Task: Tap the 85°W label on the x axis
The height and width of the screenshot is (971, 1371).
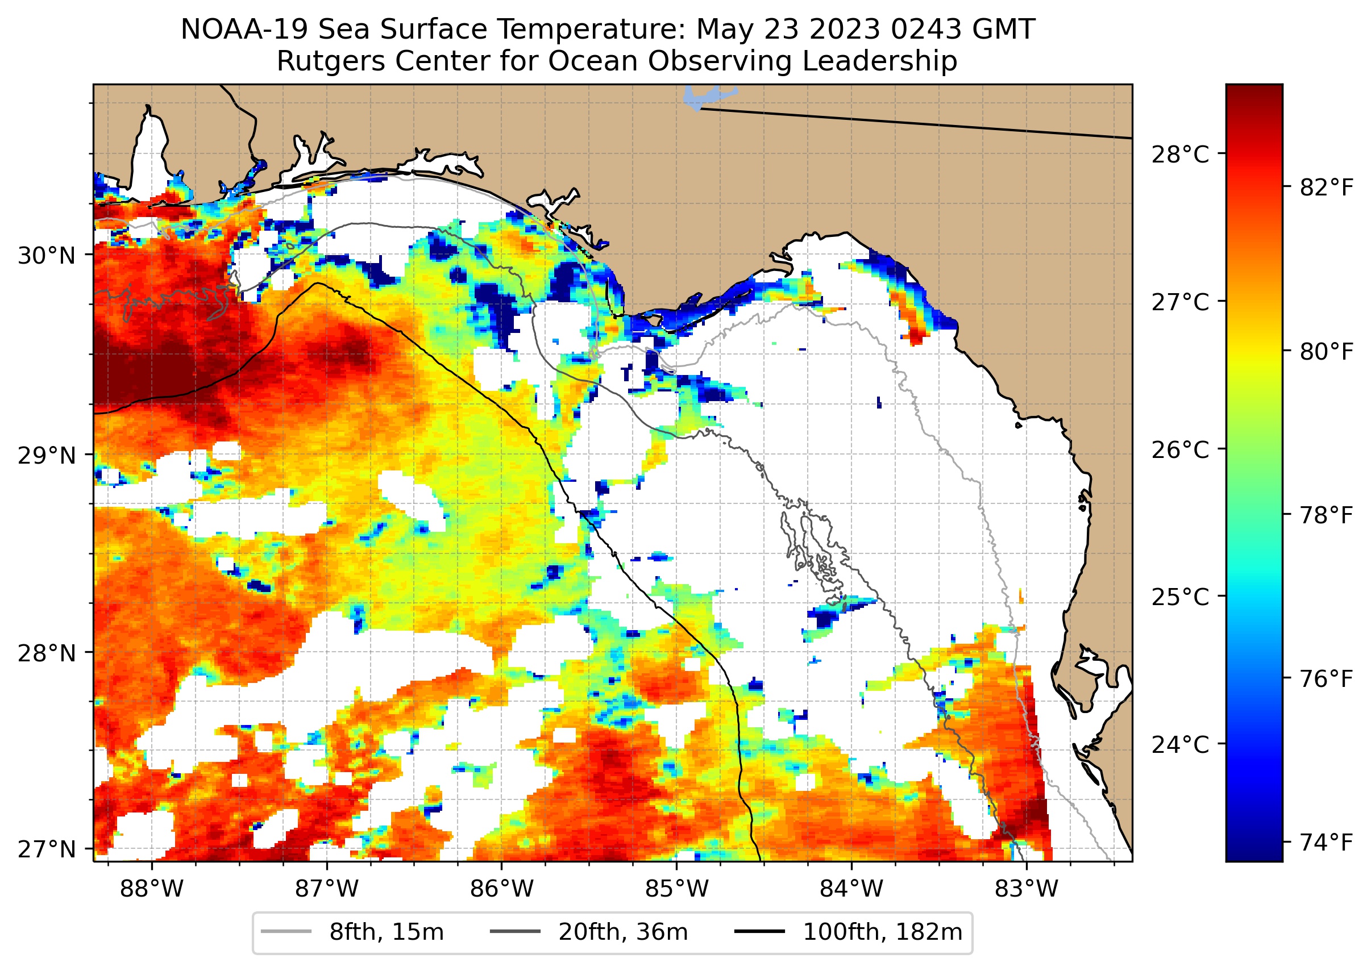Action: (676, 889)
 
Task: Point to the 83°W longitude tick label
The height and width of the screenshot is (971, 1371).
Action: (1027, 889)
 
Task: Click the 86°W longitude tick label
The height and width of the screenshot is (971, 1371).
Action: (501, 889)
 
